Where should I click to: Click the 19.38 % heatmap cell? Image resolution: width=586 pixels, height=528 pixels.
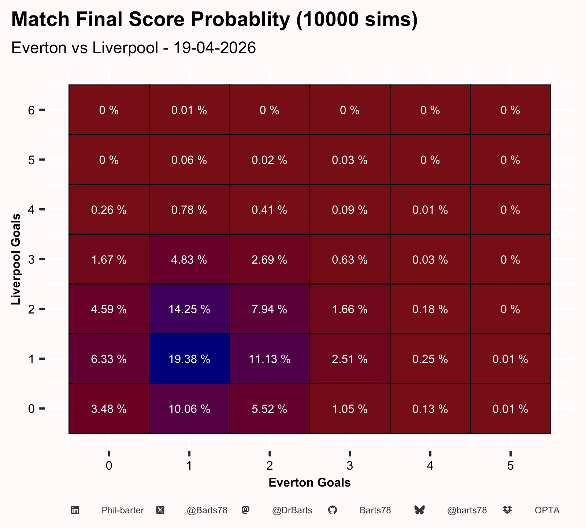click(189, 359)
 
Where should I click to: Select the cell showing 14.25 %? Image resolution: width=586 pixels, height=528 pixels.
click(189, 309)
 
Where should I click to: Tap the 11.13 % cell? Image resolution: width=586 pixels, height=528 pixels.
click(270, 359)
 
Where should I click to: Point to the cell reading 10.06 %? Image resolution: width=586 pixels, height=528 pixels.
click(189, 408)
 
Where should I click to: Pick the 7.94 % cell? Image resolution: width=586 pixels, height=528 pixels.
click(270, 309)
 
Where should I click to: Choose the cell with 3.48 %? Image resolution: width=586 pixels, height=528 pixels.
click(109, 408)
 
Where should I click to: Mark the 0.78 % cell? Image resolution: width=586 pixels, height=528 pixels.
click(189, 209)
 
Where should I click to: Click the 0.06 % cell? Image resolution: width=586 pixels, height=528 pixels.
click(189, 159)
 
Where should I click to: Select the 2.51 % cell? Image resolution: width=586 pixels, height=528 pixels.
click(350, 359)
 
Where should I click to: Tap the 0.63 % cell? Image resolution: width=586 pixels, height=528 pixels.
click(350, 259)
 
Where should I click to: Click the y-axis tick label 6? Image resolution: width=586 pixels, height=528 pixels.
click(31, 110)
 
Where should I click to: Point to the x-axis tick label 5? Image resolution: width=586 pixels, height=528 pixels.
click(511, 466)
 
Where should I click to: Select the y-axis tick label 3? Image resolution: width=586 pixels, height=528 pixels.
click(31, 260)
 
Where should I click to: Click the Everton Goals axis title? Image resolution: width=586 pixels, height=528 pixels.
click(310, 483)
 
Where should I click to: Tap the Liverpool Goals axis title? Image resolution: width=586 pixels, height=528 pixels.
click(15, 259)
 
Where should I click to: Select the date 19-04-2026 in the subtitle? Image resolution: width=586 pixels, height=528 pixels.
click(215, 48)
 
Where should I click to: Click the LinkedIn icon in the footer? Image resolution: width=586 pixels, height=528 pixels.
click(75, 510)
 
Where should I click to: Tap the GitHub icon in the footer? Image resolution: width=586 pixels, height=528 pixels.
click(332, 510)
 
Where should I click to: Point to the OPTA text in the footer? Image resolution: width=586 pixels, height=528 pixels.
click(547, 510)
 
